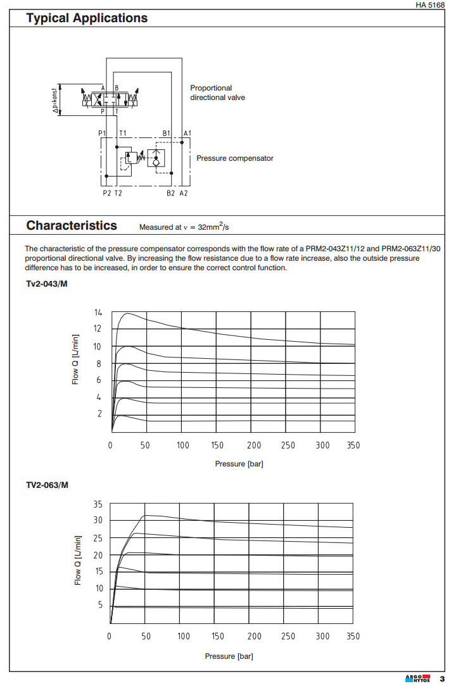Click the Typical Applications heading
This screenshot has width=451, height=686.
coord(87,18)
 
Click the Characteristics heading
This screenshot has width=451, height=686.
coord(72,226)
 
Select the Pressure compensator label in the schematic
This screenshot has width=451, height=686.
coord(235,158)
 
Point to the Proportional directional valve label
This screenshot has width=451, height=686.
coord(217,93)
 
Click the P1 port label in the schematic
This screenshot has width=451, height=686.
coord(103,134)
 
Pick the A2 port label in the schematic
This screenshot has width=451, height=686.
coord(184,193)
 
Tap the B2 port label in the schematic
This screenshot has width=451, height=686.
coord(170,193)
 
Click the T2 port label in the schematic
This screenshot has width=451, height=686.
coord(118,193)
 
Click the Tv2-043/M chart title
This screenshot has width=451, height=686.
coord(46,283)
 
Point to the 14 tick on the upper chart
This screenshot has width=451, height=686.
coord(98,313)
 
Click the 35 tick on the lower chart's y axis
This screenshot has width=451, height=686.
coord(98,504)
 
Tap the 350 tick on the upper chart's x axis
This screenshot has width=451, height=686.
coord(353,446)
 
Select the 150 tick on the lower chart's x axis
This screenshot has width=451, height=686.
coord(217,637)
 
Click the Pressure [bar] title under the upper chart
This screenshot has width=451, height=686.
coord(239,464)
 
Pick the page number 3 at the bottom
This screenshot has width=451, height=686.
coord(441,678)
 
